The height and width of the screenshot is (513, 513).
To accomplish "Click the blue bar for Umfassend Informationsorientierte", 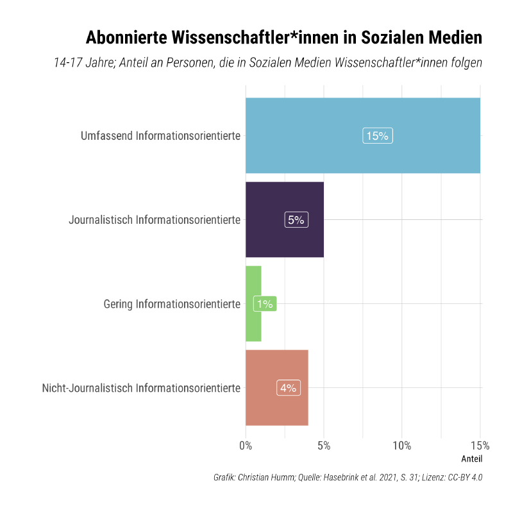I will click(308, 135).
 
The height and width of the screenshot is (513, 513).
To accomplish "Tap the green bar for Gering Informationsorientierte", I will click(253, 321).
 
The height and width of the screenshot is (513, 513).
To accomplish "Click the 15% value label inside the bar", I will click(378, 136).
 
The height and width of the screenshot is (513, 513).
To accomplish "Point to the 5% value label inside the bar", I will click(296, 220).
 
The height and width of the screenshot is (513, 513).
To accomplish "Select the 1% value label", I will click(264, 304).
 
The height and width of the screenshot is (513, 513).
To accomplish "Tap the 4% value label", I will click(288, 388).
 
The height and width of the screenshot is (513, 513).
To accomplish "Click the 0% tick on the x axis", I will click(246, 446).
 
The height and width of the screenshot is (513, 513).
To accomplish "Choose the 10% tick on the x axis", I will click(402, 446).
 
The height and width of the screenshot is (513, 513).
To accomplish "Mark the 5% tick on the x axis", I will click(324, 446).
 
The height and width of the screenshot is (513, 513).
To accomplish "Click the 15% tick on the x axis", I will click(480, 446).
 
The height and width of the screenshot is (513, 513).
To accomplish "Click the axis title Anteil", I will click(471, 459).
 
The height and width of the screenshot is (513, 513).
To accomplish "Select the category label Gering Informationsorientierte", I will click(172, 304).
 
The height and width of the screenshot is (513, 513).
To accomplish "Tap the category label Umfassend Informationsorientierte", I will click(160, 136).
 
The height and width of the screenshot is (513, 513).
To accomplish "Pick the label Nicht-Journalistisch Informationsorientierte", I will click(141, 388).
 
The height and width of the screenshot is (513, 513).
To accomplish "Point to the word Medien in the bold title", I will click(454, 38).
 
